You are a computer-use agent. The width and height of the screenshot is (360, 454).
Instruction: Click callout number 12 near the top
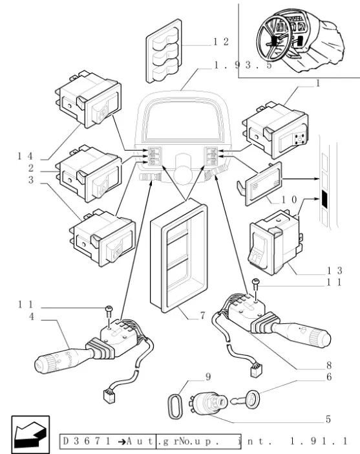221,42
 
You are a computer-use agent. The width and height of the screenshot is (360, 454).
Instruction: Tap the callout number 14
25,157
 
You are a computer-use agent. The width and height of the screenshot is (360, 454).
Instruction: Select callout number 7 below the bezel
202,315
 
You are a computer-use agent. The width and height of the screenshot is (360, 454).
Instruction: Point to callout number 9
208,376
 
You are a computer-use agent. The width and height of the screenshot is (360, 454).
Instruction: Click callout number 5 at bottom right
328,419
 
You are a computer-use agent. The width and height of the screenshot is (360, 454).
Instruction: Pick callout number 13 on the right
335,271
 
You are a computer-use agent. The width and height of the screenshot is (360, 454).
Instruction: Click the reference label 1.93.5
243,65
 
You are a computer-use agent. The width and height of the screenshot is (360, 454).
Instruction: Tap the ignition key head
252,399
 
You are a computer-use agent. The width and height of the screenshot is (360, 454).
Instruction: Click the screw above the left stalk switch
109,310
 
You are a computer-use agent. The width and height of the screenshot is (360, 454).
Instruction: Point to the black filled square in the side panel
324,199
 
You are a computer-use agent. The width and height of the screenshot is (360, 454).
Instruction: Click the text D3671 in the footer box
87,441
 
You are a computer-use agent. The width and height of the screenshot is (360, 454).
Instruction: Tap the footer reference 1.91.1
319,441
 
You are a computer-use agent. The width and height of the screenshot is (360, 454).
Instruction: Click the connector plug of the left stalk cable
109,396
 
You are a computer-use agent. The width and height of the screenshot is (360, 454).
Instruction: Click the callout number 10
290,199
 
